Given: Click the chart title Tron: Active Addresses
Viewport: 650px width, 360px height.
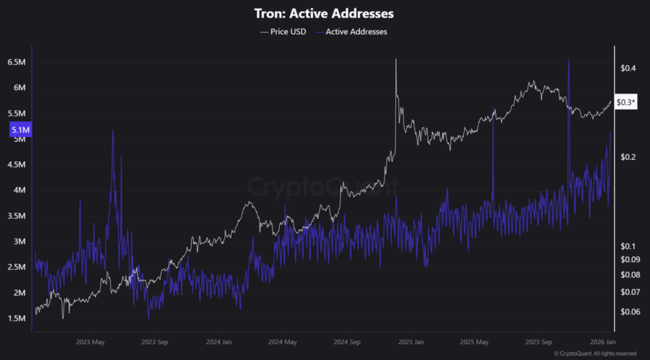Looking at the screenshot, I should point(324,13).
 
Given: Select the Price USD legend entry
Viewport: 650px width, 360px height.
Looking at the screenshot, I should point(282,31).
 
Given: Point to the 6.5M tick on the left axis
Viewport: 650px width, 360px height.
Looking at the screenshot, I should point(17,62).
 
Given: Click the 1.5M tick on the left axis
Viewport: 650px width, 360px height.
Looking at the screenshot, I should point(17,319).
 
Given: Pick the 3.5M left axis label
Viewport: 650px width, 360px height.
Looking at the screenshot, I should point(17,216).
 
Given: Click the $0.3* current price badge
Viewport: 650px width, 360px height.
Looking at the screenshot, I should point(627,102).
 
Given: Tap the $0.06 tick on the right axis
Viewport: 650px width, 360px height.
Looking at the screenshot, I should point(630,312).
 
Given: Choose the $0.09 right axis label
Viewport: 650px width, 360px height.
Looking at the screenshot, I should point(630,259).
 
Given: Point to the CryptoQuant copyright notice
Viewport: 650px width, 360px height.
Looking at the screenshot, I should point(595,354).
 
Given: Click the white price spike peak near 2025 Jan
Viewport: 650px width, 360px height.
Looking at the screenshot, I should point(396,59).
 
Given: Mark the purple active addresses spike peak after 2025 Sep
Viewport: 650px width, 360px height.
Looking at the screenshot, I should point(569,58).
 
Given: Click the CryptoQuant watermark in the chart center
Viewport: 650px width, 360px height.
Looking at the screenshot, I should point(322,187).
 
